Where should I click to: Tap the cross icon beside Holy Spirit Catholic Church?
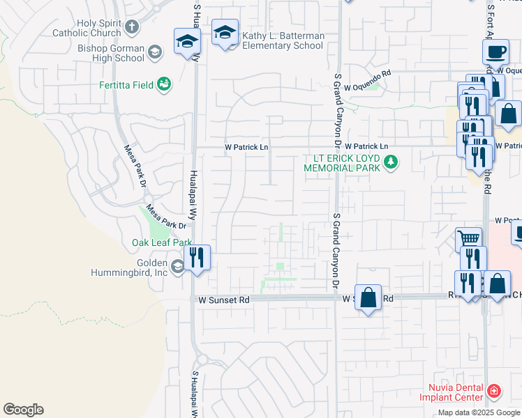pyautogui.click(x=132, y=28)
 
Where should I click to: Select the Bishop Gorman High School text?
pyautogui.click(x=111, y=53)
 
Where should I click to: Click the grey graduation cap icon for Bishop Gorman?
pyautogui.click(x=155, y=51)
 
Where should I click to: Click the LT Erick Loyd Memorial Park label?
pyautogui.click(x=342, y=163)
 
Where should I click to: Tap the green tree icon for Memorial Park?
pyautogui.click(x=391, y=163)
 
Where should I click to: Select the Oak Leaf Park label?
pyautogui.click(x=162, y=243)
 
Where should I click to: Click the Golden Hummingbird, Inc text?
pyautogui.click(x=128, y=268)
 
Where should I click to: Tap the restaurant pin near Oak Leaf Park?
pyautogui.click(x=197, y=258)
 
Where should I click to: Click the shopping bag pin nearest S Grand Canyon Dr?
pyautogui.click(x=368, y=297)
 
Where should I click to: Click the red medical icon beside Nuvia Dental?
pyautogui.click(x=495, y=392)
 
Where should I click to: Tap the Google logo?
pyautogui.click(x=23, y=410)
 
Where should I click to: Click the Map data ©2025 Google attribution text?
pyautogui.click(x=478, y=412)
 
